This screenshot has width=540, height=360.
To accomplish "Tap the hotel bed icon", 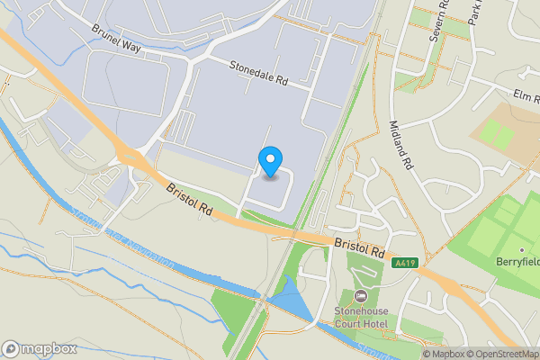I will [361, 297].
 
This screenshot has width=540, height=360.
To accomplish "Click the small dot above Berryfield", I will [521, 250].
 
